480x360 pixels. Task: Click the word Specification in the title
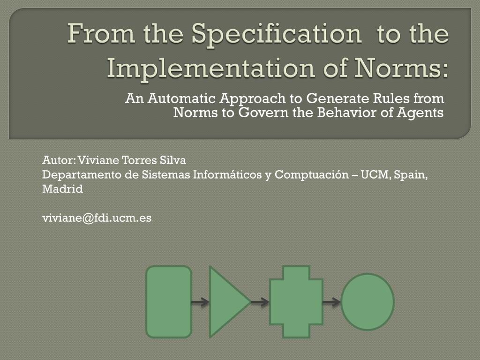click(x=277, y=35)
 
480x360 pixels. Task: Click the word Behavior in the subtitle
click(x=347, y=112)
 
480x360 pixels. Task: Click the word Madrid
click(x=62, y=189)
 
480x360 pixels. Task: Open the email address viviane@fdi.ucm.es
click(x=97, y=218)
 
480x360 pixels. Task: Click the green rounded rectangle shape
click(x=169, y=302)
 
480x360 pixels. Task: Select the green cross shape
click(x=296, y=302)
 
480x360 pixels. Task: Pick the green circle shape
click(x=367, y=302)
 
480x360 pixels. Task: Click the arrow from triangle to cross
click(x=260, y=302)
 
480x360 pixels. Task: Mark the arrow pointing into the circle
click(x=332, y=302)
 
